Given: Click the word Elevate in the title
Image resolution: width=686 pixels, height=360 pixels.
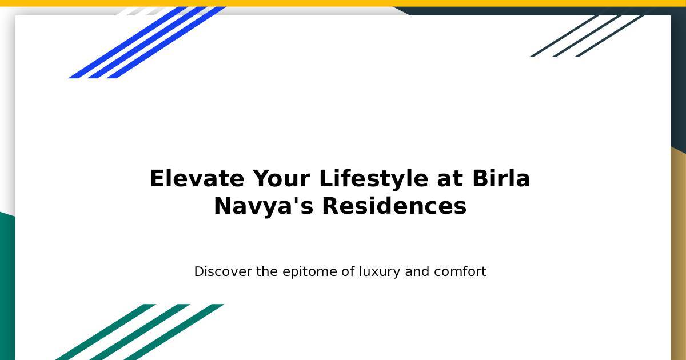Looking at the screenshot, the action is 197,178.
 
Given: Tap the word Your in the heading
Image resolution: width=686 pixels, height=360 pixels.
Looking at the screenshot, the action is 281,178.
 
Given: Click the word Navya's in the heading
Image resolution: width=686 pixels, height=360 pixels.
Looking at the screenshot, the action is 264,207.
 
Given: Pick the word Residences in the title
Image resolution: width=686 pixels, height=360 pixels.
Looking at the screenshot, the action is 394,206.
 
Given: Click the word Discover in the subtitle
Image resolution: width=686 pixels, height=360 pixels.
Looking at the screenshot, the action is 223,271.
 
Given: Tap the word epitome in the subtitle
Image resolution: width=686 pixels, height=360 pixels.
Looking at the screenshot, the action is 310,272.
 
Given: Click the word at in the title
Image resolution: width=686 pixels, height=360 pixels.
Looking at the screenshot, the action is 450,179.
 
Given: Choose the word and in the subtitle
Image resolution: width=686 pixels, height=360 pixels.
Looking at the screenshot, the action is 417,271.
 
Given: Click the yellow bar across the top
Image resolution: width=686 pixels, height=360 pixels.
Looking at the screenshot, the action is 343,3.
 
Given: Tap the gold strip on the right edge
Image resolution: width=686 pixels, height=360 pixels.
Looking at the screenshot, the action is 679,254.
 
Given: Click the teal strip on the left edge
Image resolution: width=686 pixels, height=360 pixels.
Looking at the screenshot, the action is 7,286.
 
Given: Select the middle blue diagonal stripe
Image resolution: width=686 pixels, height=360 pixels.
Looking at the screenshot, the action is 147,42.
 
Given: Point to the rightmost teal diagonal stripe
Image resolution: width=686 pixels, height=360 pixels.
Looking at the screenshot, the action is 174,332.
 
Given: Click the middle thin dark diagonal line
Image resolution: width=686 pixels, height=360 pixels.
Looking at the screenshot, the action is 587,36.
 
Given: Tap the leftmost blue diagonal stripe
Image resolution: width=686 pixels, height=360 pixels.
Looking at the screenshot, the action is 128,42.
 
